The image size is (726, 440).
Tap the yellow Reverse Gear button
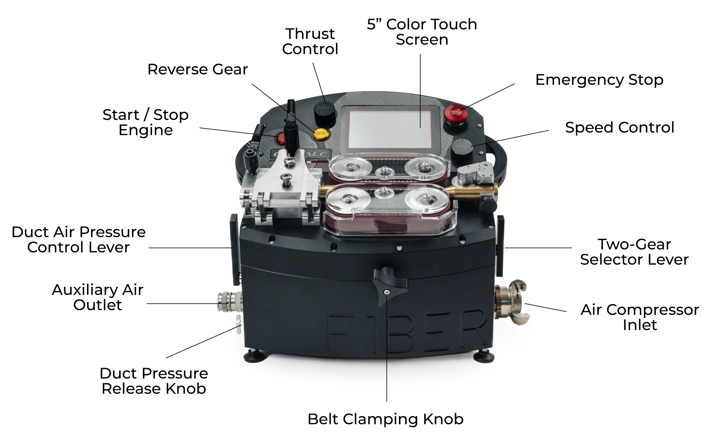coord(320,133)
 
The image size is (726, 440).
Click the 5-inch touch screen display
coord(390,130)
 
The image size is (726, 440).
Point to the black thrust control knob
coord(325,112)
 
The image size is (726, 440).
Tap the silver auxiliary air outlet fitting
coord(230,302)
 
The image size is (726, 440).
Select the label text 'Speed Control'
coord(620,127)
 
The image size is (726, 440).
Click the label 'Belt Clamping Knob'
coord(386,419)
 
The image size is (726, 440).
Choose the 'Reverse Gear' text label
coord(198,69)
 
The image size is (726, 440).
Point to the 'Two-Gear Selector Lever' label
coord(634,252)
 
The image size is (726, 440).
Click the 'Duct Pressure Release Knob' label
coord(154,381)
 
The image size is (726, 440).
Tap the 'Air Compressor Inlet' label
coord(640,317)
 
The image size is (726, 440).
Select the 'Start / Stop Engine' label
coord(146,122)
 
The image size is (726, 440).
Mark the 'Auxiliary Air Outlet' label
coord(98,297)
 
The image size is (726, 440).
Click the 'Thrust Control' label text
coord(310,41)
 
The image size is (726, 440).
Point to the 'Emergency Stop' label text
coord(600,80)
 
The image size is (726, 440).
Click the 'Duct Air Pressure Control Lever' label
coord(79,240)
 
